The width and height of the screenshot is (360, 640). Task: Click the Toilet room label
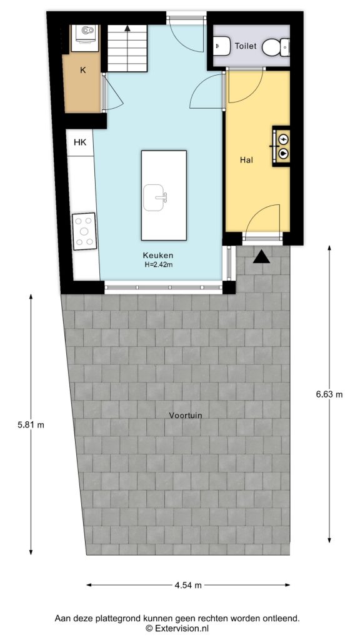tap(246, 46)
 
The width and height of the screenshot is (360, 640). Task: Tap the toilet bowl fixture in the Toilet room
tap(276, 46)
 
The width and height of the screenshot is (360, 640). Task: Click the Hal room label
tap(246, 160)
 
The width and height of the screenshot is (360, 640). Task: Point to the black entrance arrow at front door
tap(262, 256)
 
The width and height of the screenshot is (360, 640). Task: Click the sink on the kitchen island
tap(156, 197)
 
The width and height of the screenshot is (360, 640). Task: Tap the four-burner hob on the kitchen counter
tap(84, 231)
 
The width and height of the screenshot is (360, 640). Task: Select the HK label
tap(80, 142)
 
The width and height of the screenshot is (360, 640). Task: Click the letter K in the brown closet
tap(82, 71)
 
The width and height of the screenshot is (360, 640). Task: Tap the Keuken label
tap(157, 255)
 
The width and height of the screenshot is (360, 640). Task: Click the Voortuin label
tap(185, 415)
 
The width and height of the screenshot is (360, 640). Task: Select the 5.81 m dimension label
tap(31, 424)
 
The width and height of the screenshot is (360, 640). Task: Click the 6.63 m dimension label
tap(329, 394)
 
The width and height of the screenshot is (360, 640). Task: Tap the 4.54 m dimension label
tap(188, 586)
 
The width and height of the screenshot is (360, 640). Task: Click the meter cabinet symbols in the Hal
tap(283, 146)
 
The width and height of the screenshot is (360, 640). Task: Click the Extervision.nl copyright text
tap(177, 628)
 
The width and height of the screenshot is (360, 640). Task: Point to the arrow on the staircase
tap(127, 27)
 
